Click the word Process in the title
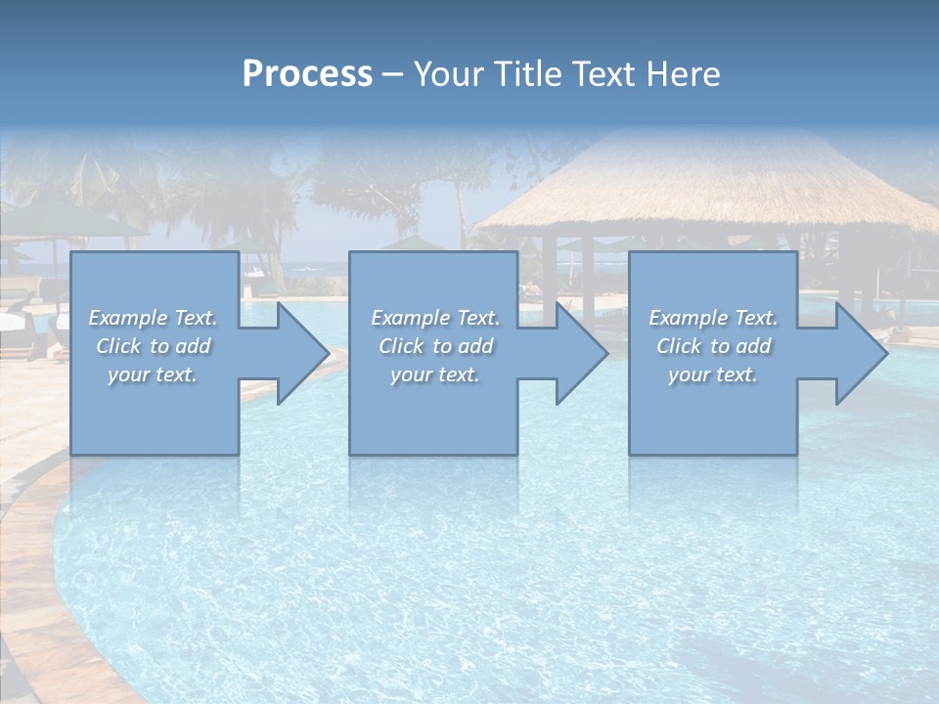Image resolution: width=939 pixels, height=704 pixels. pyautogui.click(x=307, y=74)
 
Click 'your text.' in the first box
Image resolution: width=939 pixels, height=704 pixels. pyautogui.click(x=153, y=374)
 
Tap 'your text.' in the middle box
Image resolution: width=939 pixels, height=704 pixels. pyautogui.click(x=434, y=374)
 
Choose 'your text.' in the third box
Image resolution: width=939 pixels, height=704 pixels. pyautogui.click(x=713, y=374)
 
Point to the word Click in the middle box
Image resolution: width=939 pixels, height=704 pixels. pyautogui.click(x=401, y=346)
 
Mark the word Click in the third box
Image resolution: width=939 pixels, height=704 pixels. pyautogui.click(x=679, y=346)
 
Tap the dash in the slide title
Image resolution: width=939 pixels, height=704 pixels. pyautogui.click(x=393, y=74)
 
